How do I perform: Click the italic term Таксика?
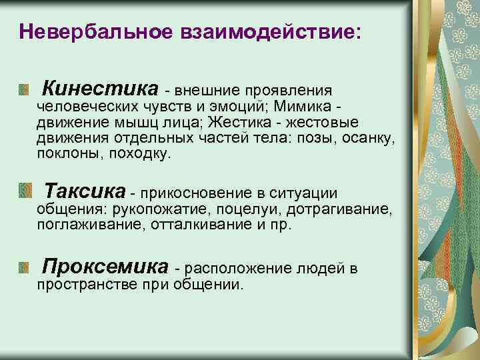[x=84, y=192]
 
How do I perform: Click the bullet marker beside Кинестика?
[x=25, y=89]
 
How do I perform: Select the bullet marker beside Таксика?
[x=25, y=192]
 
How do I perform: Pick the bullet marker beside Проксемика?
[x=25, y=268]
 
